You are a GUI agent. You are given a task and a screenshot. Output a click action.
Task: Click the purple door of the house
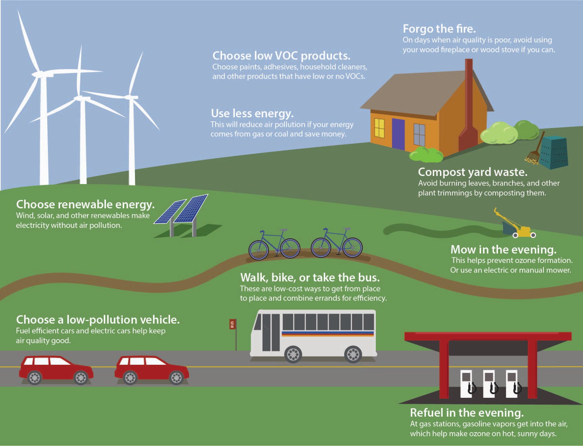coord(398,134)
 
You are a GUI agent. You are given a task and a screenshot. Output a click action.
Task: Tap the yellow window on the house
coord(379,128)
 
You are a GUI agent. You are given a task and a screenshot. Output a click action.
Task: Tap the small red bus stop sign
coord(232,324)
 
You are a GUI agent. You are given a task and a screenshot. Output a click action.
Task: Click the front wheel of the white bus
coord(293,354)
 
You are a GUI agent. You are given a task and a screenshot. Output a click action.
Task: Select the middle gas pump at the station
coord(489,383)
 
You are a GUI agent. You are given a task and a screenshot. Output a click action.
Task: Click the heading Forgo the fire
coord(439,29)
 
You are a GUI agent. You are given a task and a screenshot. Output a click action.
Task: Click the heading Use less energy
coord(252,113)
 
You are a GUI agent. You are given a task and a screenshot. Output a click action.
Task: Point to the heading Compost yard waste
coord(472,172)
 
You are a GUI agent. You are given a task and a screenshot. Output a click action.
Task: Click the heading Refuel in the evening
coord(467,413)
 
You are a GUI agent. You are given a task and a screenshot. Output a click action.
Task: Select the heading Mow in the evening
coord(503,249)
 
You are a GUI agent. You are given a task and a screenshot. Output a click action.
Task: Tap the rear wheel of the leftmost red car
coord(34,378)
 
